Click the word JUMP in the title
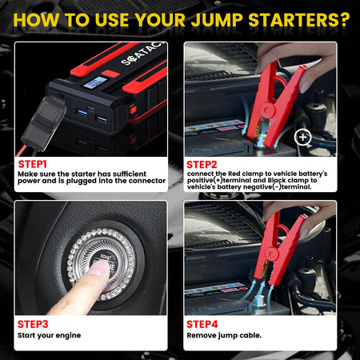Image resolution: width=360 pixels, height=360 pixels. click(210, 17)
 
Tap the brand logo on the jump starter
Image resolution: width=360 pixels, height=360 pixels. click(139, 62)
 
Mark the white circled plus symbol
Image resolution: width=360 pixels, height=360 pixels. click(303, 137)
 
